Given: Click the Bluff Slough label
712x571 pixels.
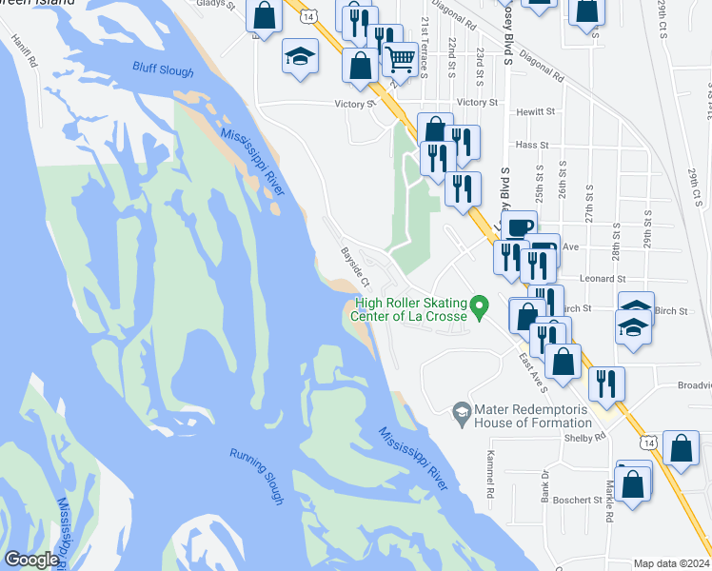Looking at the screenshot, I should pos(163,71).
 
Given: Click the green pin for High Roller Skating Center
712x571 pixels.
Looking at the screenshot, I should pos(481,306).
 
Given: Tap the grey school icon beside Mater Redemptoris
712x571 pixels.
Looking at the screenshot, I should pos(462,408).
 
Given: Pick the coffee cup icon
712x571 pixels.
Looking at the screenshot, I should pos(519,227).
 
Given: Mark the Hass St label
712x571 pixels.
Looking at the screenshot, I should pos(527,144).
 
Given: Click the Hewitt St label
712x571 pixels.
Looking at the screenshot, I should pos(535,111).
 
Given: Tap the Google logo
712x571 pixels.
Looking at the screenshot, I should pos(32,560).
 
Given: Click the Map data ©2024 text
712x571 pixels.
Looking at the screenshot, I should pos(670,563).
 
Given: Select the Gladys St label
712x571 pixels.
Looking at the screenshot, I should pos(214,4).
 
